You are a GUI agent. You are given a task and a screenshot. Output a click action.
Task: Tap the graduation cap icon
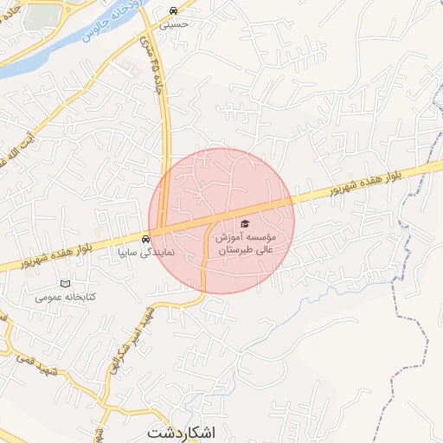pos(243,224)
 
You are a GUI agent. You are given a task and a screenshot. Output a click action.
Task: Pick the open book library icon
pos(66,284)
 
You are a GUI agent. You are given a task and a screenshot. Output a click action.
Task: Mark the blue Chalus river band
pos(52,52)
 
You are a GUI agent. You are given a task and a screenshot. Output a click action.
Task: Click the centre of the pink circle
pos(221,221)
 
